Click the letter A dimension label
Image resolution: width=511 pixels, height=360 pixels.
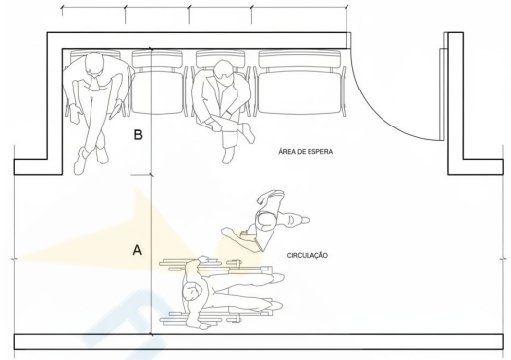pyautogui.click(x=137, y=250)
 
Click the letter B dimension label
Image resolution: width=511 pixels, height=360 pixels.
pyautogui.click(x=138, y=134)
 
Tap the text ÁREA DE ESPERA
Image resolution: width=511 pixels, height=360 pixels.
pyautogui.click(x=306, y=152)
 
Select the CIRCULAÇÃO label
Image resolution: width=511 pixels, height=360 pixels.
pyautogui.click(x=308, y=256)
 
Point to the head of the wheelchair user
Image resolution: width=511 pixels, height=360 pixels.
pyautogui.click(x=193, y=291)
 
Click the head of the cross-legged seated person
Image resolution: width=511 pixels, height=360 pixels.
pyautogui.click(x=94, y=64)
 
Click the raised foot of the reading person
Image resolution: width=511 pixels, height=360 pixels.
pyautogui.click(x=249, y=132)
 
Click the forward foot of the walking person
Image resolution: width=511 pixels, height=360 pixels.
pyautogui.click(x=298, y=220)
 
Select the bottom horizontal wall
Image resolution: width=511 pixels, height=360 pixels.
pyautogui.click(x=259, y=342)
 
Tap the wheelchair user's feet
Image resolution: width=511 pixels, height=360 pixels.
pyautogui.click(x=276, y=292)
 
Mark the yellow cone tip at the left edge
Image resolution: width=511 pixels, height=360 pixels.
pyautogui.click(x=16, y=260)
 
